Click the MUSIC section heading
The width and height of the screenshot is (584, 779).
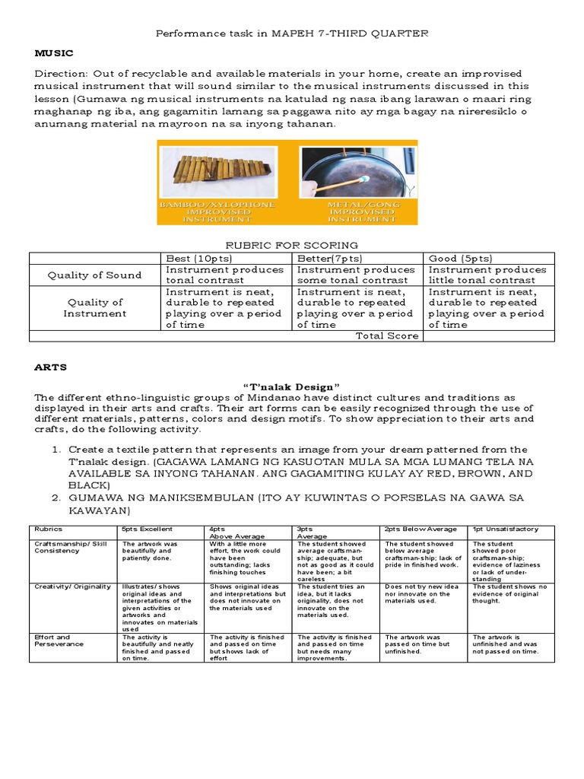tap(53, 53)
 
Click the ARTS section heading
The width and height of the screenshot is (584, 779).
tap(51, 367)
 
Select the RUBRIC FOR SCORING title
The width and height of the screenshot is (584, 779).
tap(293, 245)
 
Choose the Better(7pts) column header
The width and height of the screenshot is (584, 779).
tap(328, 259)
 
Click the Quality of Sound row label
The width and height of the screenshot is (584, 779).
tap(94, 275)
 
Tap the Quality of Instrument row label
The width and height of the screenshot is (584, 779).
tap(94, 307)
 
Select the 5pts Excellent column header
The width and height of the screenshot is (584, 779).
tap(148, 529)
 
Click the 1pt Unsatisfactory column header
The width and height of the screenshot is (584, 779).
tap(506, 529)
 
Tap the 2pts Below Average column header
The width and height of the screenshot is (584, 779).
tap(421, 529)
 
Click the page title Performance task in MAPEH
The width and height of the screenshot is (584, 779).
tap(292, 33)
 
